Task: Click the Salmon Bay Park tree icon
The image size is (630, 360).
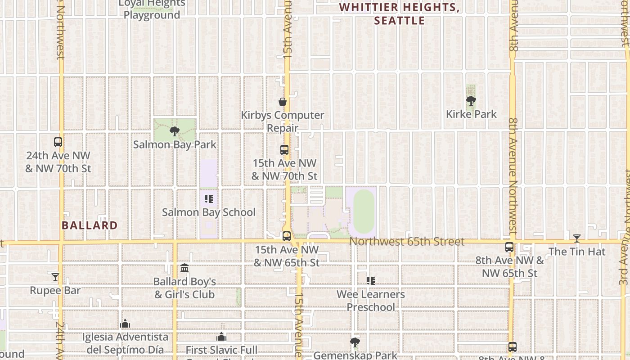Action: pos(174,131)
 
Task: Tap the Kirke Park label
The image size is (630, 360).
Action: pos(471,114)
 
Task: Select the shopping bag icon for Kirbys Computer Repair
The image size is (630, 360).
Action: pos(283,102)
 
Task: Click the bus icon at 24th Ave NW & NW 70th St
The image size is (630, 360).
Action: pos(58,142)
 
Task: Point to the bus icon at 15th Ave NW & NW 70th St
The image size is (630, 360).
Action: pos(284,150)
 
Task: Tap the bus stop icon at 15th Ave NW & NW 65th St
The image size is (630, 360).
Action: pos(287,236)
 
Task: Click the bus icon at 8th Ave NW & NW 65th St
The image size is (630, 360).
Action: pos(509,247)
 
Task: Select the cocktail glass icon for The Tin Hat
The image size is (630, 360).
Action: pos(577,238)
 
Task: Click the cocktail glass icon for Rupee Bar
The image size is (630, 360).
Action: pos(55,277)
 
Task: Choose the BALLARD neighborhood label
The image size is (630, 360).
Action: pos(90,225)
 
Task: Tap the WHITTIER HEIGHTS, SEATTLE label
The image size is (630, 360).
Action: pos(400,14)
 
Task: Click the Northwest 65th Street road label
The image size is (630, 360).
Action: pos(406,242)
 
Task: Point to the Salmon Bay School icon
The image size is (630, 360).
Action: pos(208,198)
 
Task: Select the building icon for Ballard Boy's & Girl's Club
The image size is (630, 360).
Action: pos(184,268)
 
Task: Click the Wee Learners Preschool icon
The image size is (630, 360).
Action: pos(371,281)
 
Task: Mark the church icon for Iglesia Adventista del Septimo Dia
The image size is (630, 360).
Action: pos(125,324)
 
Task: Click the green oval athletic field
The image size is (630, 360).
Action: pos(364,211)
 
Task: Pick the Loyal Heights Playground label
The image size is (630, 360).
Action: pos(152,9)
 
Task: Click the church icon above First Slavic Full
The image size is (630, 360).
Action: pos(221,337)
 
